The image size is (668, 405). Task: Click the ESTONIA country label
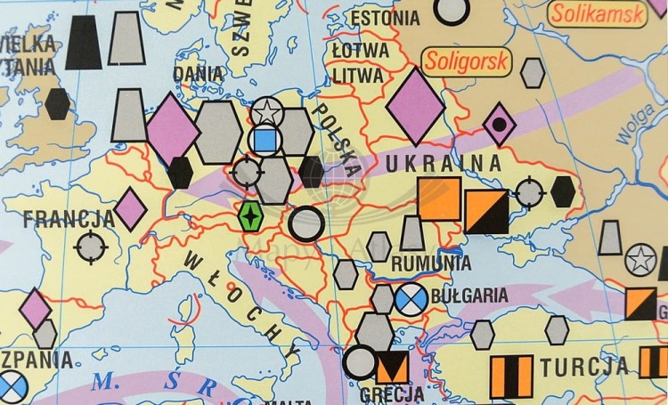click(385, 18)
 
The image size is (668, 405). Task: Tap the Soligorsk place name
click(456, 62)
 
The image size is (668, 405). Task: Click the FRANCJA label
click(69, 219)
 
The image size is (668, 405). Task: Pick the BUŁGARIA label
click(468, 296)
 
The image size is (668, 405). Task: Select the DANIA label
click(199, 74)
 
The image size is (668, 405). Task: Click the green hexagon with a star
click(252, 216)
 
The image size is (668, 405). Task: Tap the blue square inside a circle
click(265, 141)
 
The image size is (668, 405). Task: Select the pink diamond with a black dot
click(499, 124)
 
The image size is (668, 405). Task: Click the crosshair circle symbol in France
click(91, 247)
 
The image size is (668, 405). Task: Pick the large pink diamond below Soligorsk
click(415, 107)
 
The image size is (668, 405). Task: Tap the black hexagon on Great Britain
click(57, 104)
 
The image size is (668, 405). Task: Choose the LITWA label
click(359, 76)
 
